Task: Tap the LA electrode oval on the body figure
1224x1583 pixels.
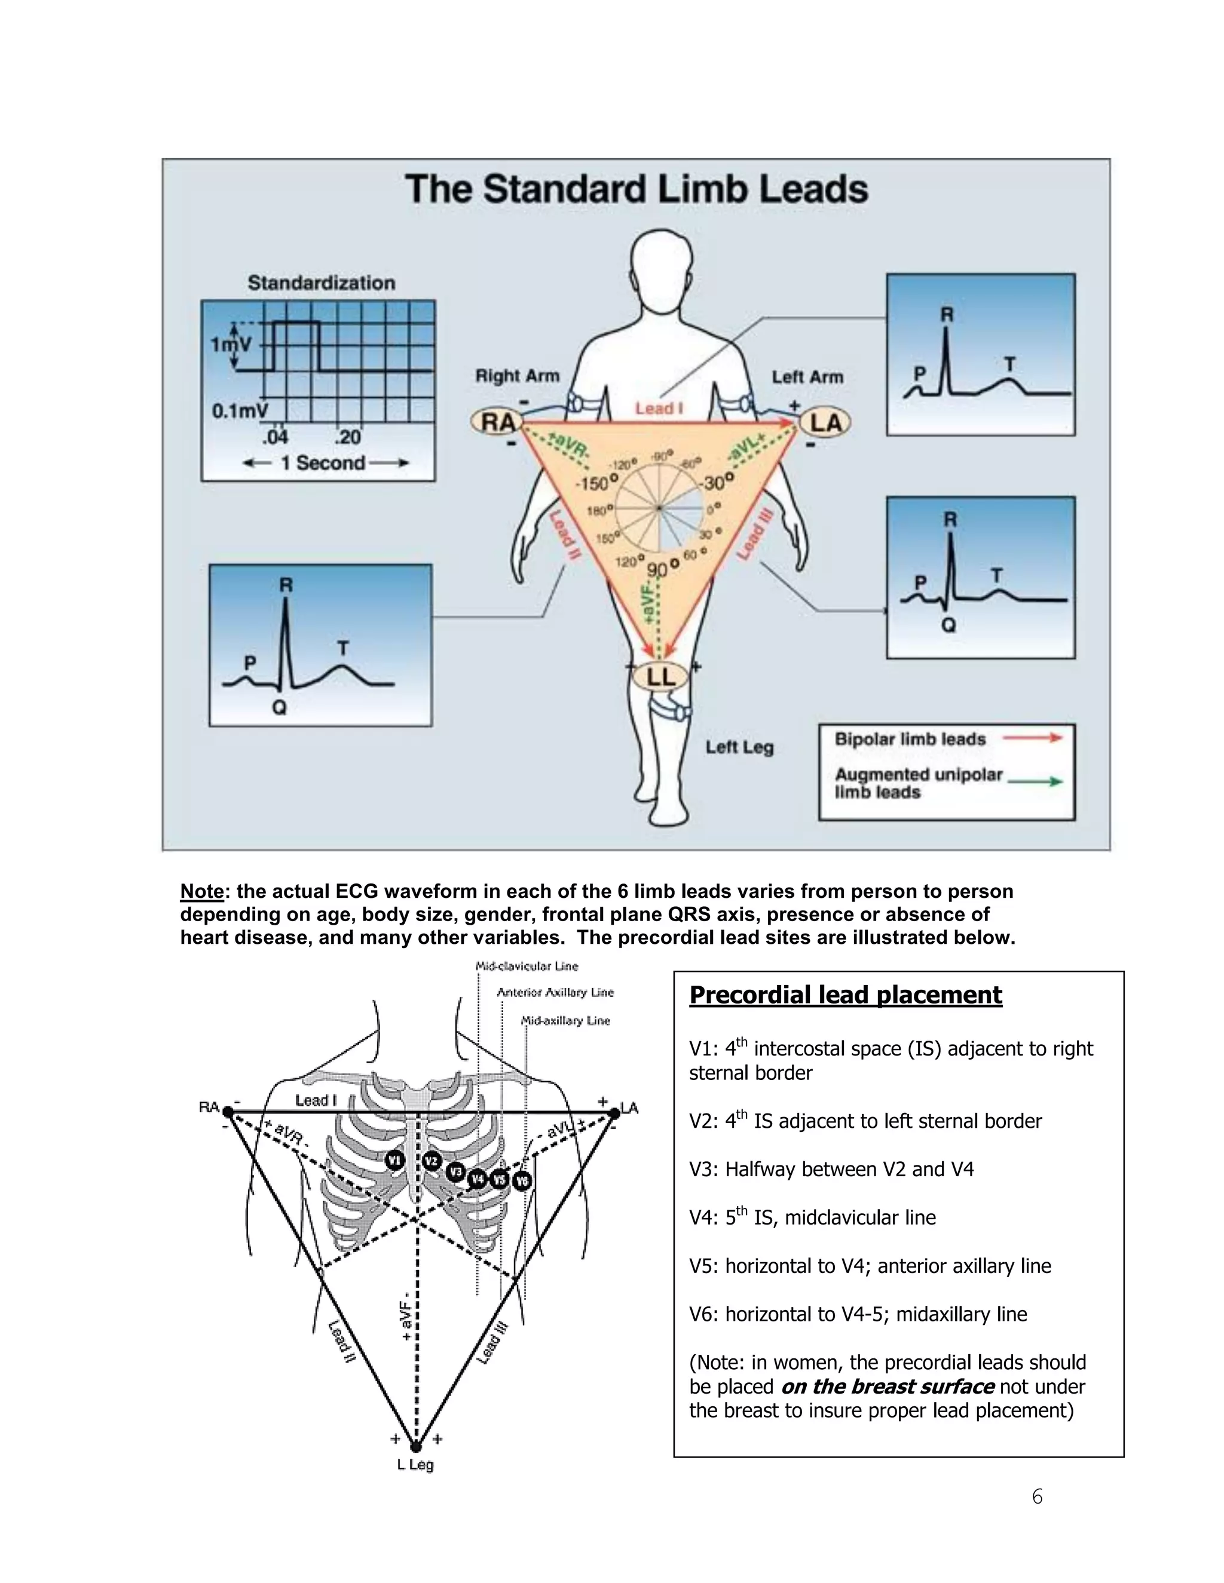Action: (825, 422)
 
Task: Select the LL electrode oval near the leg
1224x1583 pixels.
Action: (660, 677)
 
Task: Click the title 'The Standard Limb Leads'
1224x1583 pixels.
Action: (636, 189)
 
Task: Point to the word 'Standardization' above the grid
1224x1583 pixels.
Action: (321, 283)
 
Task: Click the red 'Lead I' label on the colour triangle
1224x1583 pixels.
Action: (659, 408)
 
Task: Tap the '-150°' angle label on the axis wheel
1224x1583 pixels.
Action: (596, 483)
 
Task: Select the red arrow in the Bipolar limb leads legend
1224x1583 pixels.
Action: (1033, 738)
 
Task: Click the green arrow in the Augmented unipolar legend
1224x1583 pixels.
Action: (1036, 781)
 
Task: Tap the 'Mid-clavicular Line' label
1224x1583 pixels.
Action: (527, 966)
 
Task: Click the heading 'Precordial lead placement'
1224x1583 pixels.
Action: (846, 995)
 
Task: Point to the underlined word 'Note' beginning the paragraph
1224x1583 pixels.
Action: (201, 891)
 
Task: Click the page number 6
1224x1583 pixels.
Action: (1037, 1497)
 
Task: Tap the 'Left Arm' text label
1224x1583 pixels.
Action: (807, 377)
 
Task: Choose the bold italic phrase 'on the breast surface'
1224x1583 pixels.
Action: (887, 1386)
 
